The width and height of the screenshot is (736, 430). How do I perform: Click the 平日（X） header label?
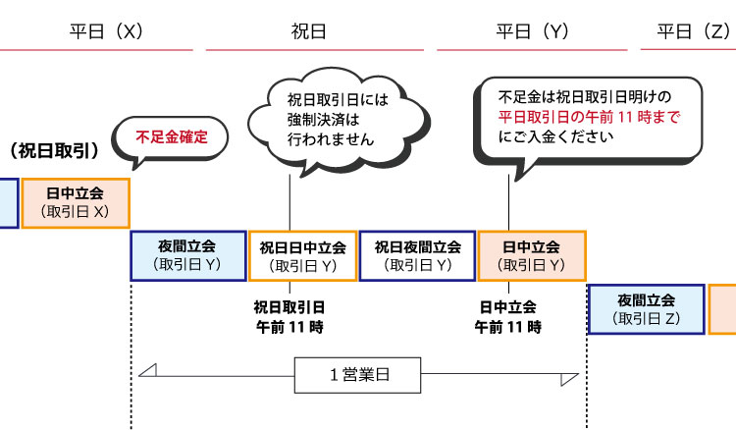107,30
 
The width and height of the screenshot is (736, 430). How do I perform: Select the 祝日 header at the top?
309,30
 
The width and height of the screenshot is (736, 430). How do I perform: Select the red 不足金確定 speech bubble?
172,136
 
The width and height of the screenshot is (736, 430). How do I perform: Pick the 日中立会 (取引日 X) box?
76,202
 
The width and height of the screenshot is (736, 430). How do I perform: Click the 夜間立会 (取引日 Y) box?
188,255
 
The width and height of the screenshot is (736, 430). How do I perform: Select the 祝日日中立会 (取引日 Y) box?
302,255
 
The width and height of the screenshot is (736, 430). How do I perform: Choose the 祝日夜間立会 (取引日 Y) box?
417,255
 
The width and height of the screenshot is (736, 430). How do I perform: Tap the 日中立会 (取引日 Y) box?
531,255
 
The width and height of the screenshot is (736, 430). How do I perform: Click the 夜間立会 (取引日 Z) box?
646,309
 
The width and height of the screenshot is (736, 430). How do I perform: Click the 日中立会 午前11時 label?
507,315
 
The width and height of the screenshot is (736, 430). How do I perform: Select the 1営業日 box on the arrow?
358,374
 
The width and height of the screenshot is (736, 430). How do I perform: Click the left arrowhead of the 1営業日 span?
147,370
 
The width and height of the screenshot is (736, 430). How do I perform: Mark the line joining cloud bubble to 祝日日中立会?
289,201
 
